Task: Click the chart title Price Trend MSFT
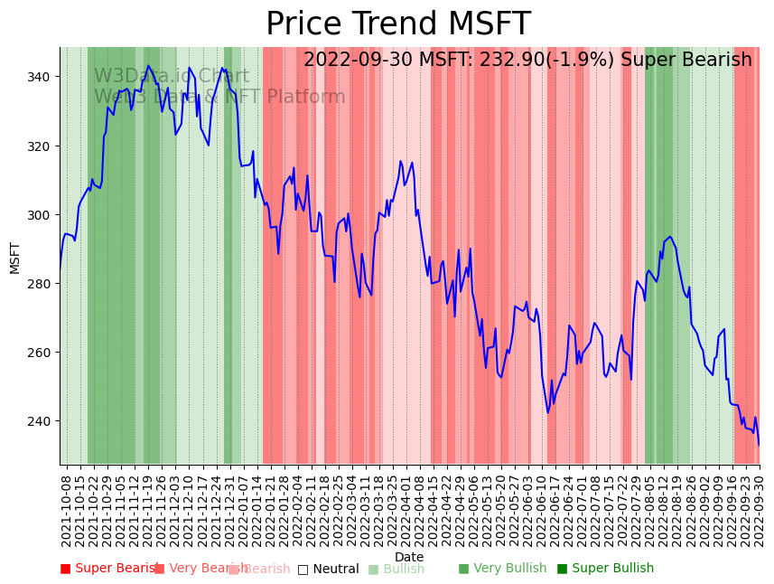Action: tap(397, 24)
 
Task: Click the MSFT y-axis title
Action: tap(15, 257)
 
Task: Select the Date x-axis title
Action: tap(408, 557)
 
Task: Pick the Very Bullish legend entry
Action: tap(502, 569)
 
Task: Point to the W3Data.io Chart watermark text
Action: tap(172, 77)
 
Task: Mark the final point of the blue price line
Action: tap(759, 445)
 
